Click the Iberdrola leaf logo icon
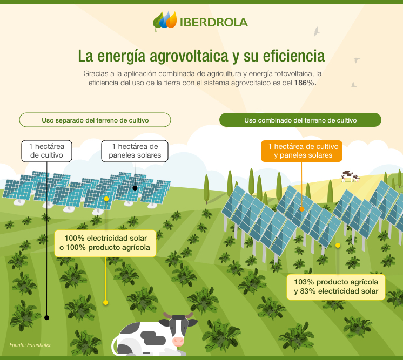click(x=165, y=21)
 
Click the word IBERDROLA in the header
click(x=213, y=22)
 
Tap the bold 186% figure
click(x=305, y=83)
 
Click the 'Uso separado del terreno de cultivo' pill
click(x=95, y=119)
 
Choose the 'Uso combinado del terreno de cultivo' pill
click(x=300, y=120)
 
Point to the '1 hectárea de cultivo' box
click(x=47, y=151)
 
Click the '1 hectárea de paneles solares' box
click(x=135, y=151)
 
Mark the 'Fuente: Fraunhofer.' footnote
click(x=30, y=344)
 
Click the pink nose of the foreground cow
click(x=178, y=341)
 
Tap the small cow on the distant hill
click(x=350, y=176)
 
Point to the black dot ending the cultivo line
click(x=47, y=317)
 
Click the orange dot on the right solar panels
click(x=302, y=208)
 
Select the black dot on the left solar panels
click(x=135, y=189)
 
